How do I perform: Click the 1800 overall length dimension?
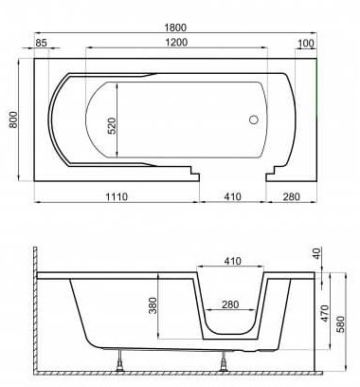pos(175,28)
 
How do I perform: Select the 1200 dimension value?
pos(176,42)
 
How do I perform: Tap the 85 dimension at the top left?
pos(41,43)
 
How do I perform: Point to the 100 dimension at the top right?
pos(306,44)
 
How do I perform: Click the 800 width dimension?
pos(13,120)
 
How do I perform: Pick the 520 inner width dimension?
pos(112,126)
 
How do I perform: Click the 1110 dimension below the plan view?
pos(117,196)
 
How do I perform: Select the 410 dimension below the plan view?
pos(233,196)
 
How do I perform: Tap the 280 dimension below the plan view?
pos(291,196)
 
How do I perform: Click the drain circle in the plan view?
pos(254,120)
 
